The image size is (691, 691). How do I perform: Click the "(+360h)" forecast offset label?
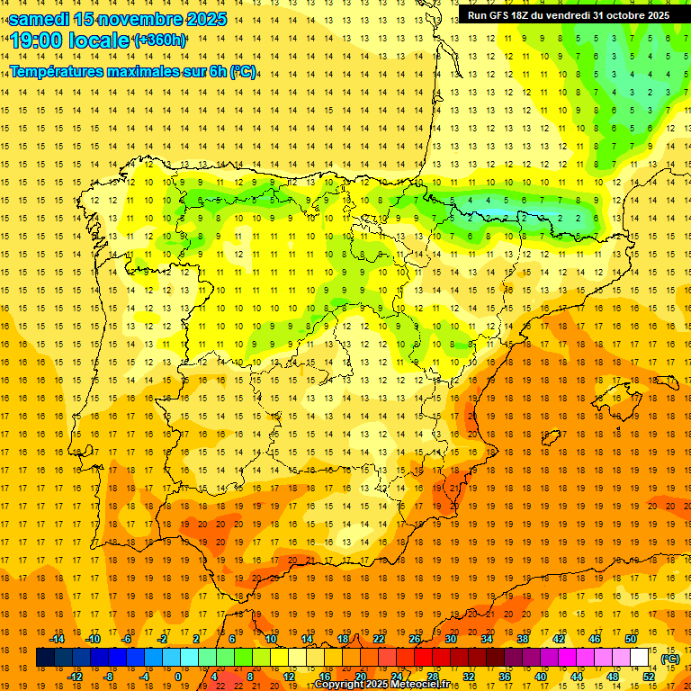coord(159,40)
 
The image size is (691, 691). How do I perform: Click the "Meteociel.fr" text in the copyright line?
coord(418,685)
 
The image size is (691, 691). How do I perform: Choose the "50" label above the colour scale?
coord(630,639)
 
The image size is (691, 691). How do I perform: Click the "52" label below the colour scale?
coord(648,676)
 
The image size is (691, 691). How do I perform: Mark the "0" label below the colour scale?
coord(178,676)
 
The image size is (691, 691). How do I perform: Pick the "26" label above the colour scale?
coord(415,639)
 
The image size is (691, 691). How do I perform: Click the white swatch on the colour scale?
coord(640,658)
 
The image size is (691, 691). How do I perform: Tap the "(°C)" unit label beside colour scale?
coord(669,658)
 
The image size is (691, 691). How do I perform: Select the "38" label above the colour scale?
coord(522,639)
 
